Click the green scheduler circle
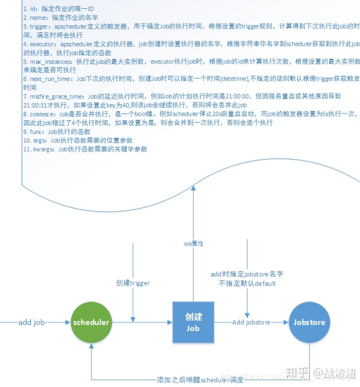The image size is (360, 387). tap(91, 322)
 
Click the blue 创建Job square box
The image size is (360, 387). tap(193, 322)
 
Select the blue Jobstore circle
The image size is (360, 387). tap(309, 322)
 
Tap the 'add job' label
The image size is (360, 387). tap(32, 322)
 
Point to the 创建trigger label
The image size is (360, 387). tap(132, 283)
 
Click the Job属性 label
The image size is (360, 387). tap(193, 243)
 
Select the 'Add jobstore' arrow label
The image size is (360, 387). tap(251, 322)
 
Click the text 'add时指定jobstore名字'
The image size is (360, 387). tap(247, 274)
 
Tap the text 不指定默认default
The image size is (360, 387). tap(247, 283)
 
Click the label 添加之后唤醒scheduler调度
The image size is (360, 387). tap(200, 380)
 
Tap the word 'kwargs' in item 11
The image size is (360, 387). tap(43, 149)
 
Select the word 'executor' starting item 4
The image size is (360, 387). tap(43, 44)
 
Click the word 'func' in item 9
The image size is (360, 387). tap(36, 131)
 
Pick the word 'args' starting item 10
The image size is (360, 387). tap(39, 140)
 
